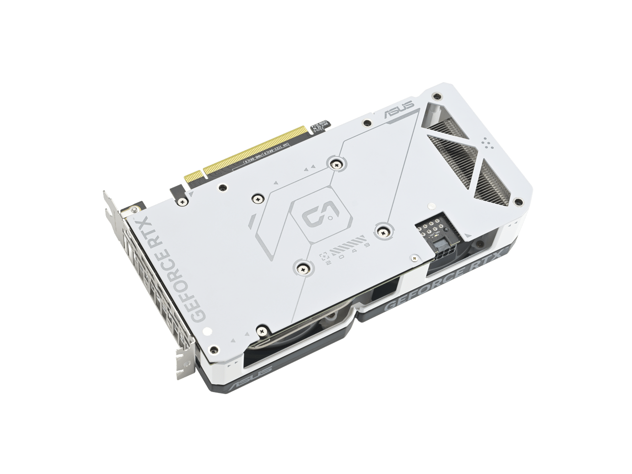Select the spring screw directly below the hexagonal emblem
[x=303, y=268]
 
